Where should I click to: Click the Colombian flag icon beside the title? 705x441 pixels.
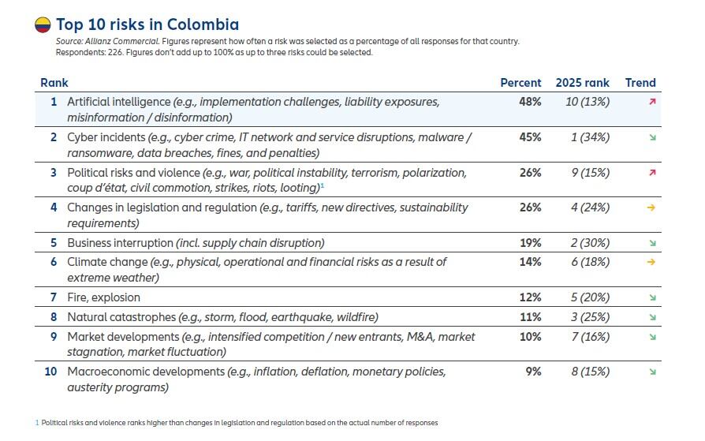pos(43,25)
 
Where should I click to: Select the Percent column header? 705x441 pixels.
pos(520,83)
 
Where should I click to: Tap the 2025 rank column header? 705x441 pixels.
pos(582,83)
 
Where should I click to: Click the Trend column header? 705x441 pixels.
pos(640,83)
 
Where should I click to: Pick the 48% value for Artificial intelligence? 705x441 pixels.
pos(530,102)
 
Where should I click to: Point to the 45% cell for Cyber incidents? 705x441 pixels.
pos(530,137)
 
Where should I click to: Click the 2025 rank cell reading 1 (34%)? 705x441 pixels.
pos(590,137)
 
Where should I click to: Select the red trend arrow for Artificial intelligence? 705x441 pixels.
pos(652,102)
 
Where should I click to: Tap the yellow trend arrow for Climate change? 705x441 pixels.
pos(651,262)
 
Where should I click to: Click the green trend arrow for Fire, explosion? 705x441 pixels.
pos(652,297)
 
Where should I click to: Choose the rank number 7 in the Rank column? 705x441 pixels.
pos(54,297)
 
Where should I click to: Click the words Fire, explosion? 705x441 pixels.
pos(103,297)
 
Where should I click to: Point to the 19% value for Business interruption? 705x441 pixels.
pos(530,243)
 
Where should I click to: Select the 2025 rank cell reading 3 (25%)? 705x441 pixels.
pos(590,317)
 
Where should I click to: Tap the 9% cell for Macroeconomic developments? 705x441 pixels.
pos(533,372)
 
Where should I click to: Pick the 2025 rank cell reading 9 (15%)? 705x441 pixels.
pos(590,173)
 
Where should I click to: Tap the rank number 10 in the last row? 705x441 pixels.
pos(50,372)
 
